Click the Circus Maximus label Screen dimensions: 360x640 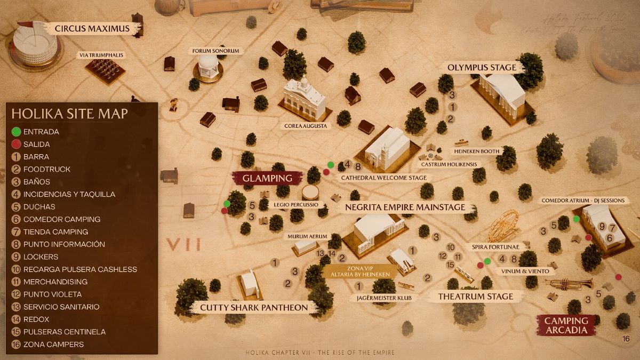92,28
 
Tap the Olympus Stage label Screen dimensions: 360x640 482,67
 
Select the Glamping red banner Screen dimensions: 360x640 267,178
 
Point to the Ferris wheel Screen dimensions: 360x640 503,226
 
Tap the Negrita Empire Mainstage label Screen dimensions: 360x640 405,207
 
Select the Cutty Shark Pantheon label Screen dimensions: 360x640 254,307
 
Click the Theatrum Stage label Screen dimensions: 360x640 475,296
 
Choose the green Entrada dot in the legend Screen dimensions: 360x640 16,132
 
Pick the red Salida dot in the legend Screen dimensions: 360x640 16,144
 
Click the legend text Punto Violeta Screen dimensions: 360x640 52,294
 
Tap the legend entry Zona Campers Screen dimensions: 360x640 53,345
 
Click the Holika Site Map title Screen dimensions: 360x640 69,113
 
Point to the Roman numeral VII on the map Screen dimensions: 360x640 183,245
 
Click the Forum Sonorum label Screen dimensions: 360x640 215,51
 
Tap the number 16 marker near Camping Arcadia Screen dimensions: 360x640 626,339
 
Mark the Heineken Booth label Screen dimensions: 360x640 477,151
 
